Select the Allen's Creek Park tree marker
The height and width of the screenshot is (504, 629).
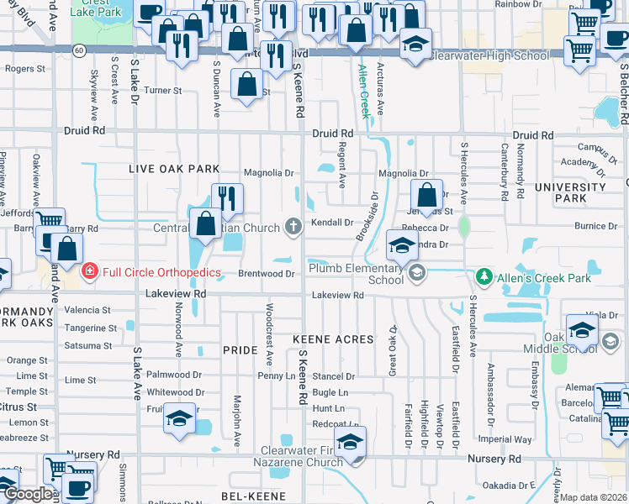pyautogui.click(x=484, y=276)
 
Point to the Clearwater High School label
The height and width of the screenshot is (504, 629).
pyautogui.click(x=489, y=55)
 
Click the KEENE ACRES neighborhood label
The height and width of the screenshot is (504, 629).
pyautogui.click(x=332, y=339)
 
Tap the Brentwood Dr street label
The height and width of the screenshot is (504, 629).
pyautogui.click(x=268, y=274)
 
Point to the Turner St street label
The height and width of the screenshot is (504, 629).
pyautogui.click(x=163, y=90)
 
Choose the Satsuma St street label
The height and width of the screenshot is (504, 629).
pyautogui.click(x=88, y=345)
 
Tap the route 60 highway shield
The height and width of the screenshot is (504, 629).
pyautogui.click(x=77, y=50)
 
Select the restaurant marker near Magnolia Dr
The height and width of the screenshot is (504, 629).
pyautogui.click(x=227, y=199)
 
